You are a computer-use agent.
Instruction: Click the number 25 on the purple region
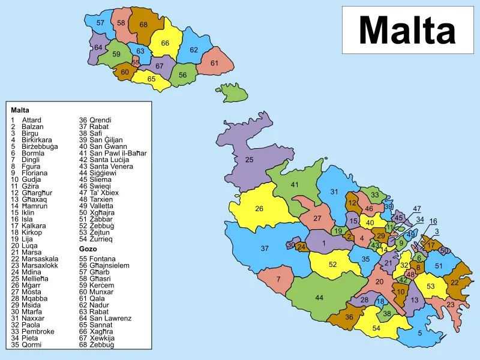pyautogui.click(x=250, y=160)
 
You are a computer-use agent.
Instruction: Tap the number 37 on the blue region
pyautogui.click(x=265, y=248)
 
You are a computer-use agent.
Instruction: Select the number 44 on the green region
pyautogui.click(x=319, y=298)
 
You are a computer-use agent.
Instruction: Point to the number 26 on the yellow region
pyautogui.click(x=259, y=209)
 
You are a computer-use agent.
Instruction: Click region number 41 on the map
pyautogui.click(x=295, y=185)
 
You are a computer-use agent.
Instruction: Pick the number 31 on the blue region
pyautogui.click(x=334, y=192)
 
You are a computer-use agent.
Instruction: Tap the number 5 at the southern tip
pyautogui.click(x=420, y=333)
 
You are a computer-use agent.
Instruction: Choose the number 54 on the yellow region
pyautogui.click(x=376, y=328)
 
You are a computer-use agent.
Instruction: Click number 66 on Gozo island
pyautogui.click(x=165, y=43)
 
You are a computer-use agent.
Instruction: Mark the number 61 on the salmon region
pyautogui.click(x=215, y=63)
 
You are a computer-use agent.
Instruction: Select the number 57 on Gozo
pyautogui.click(x=100, y=23)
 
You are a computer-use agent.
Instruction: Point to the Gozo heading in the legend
pyautogui.click(x=88, y=248)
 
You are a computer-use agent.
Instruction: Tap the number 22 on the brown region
pyautogui.click(x=454, y=283)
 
